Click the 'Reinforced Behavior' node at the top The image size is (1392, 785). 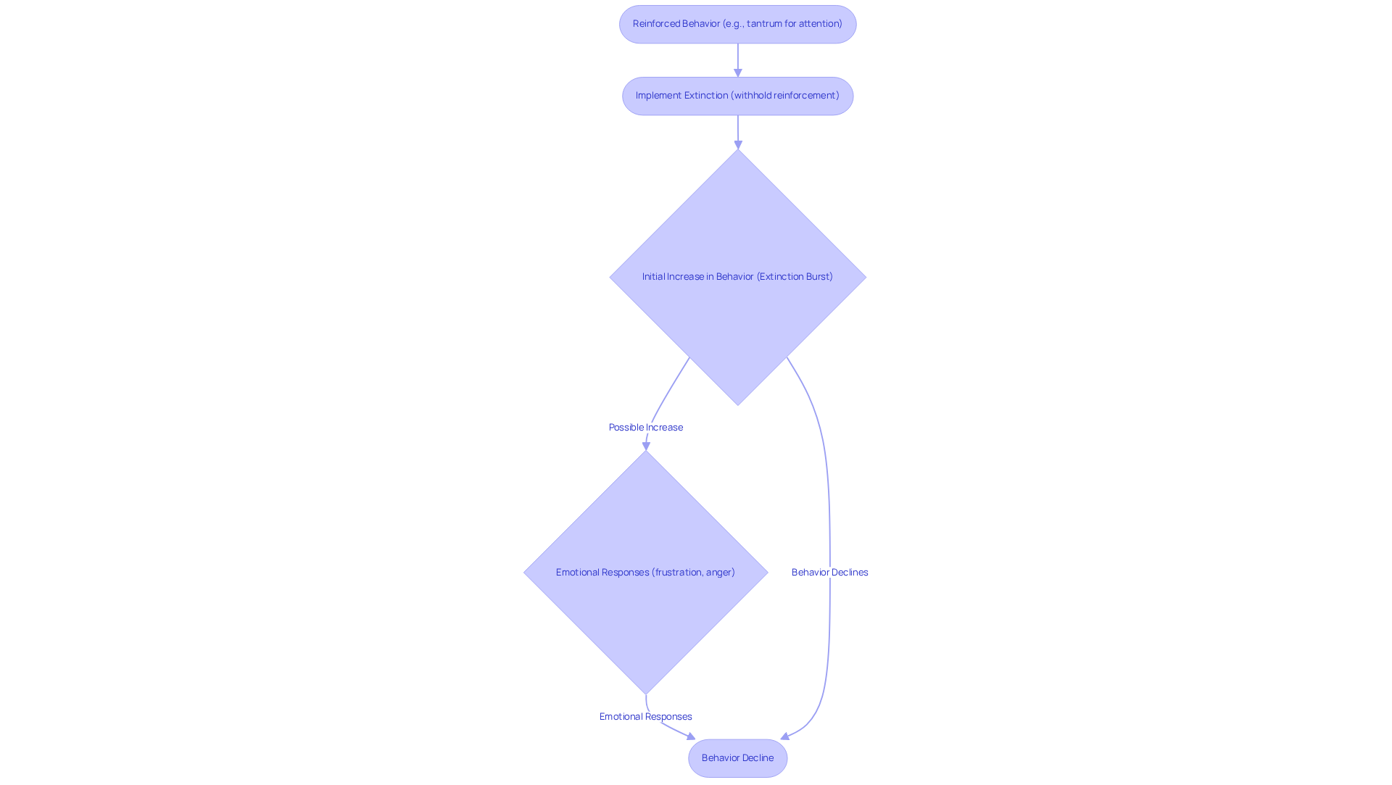tap(737, 24)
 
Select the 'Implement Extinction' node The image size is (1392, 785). tap(737, 96)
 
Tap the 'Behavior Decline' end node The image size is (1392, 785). tap(737, 758)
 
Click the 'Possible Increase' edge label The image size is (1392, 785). tap(645, 428)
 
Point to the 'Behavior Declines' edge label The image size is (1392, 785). tap(829, 573)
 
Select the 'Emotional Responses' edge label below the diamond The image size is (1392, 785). tap(645, 717)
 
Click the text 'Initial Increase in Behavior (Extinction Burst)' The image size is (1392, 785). tap(737, 277)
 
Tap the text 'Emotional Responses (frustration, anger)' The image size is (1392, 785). tap(645, 573)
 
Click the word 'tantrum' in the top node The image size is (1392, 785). tap(763, 24)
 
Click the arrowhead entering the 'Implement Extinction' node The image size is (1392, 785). tap(738, 72)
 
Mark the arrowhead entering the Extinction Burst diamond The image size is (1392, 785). tap(738, 144)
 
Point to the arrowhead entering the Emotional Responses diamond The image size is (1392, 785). tap(646, 446)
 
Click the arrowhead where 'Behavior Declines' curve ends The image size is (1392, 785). tap(785, 736)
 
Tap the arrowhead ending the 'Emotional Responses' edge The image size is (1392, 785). tap(690, 736)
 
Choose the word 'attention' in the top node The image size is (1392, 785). tap(820, 24)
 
